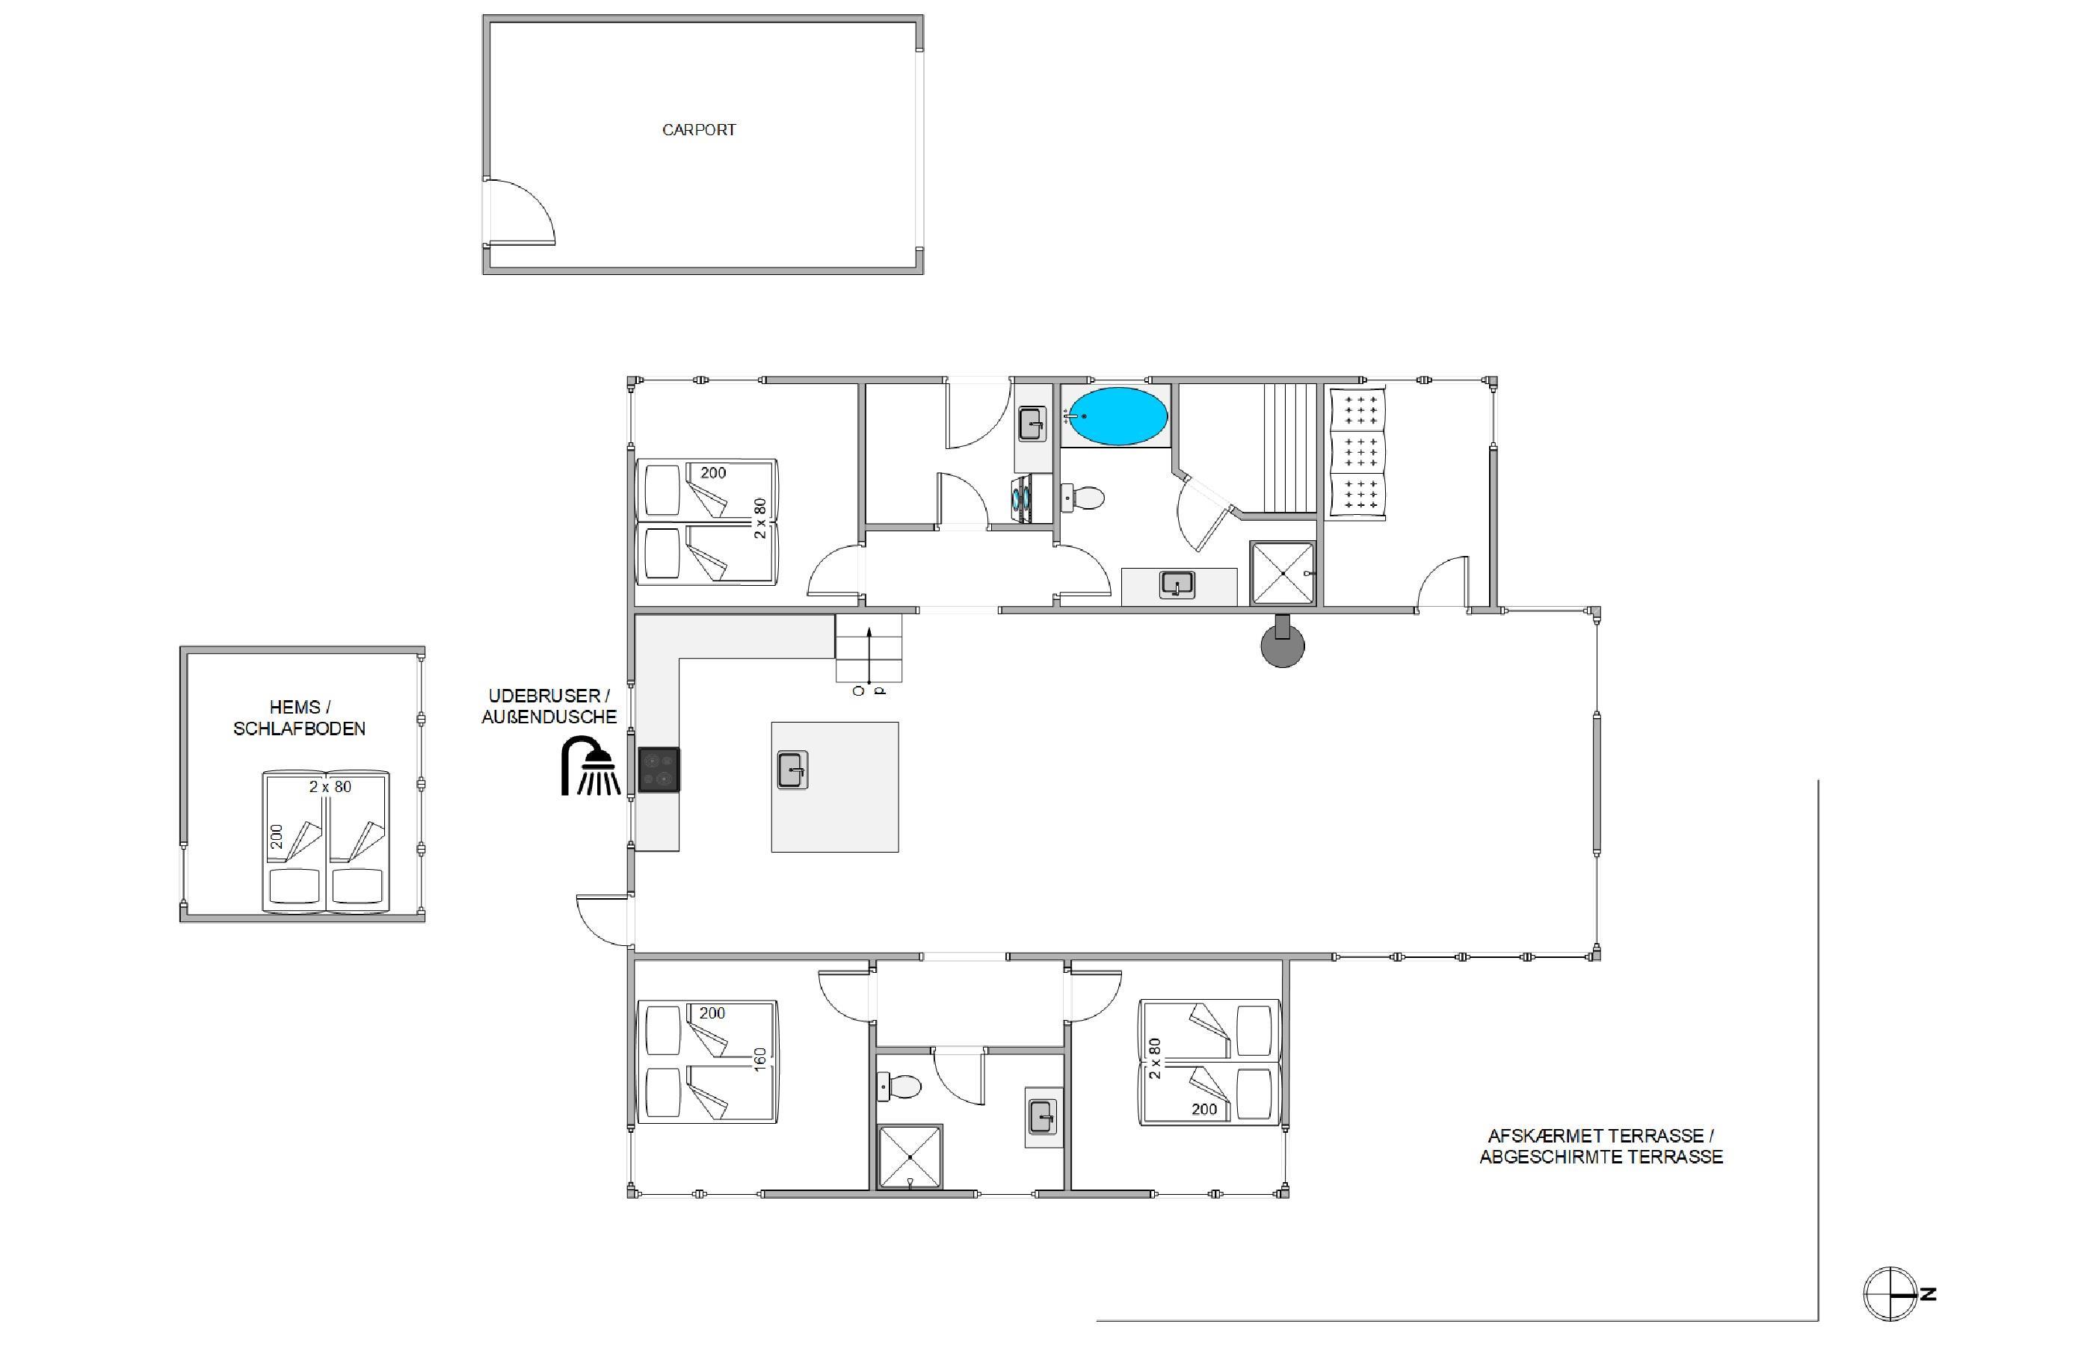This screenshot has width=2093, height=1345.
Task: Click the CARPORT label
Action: pos(699,130)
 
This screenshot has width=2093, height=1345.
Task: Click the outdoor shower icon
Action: pos(591,766)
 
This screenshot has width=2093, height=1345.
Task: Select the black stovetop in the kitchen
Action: pos(659,770)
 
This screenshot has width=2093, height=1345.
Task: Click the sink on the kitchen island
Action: pos(792,770)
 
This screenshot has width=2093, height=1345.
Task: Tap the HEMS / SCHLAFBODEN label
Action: pos(300,718)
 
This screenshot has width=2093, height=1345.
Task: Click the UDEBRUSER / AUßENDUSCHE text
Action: pos(549,705)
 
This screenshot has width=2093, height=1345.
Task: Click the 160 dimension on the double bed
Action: pos(760,1060)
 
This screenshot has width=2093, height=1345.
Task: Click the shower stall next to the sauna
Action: pos(1283,573)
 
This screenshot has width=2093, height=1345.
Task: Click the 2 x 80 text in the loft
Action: pos(330,787)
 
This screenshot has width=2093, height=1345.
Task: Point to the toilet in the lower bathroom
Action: pos(899,1087)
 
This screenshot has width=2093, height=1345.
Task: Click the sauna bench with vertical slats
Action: pos(1290,447)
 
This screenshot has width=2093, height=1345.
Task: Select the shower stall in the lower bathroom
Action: pos(910,1157)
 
